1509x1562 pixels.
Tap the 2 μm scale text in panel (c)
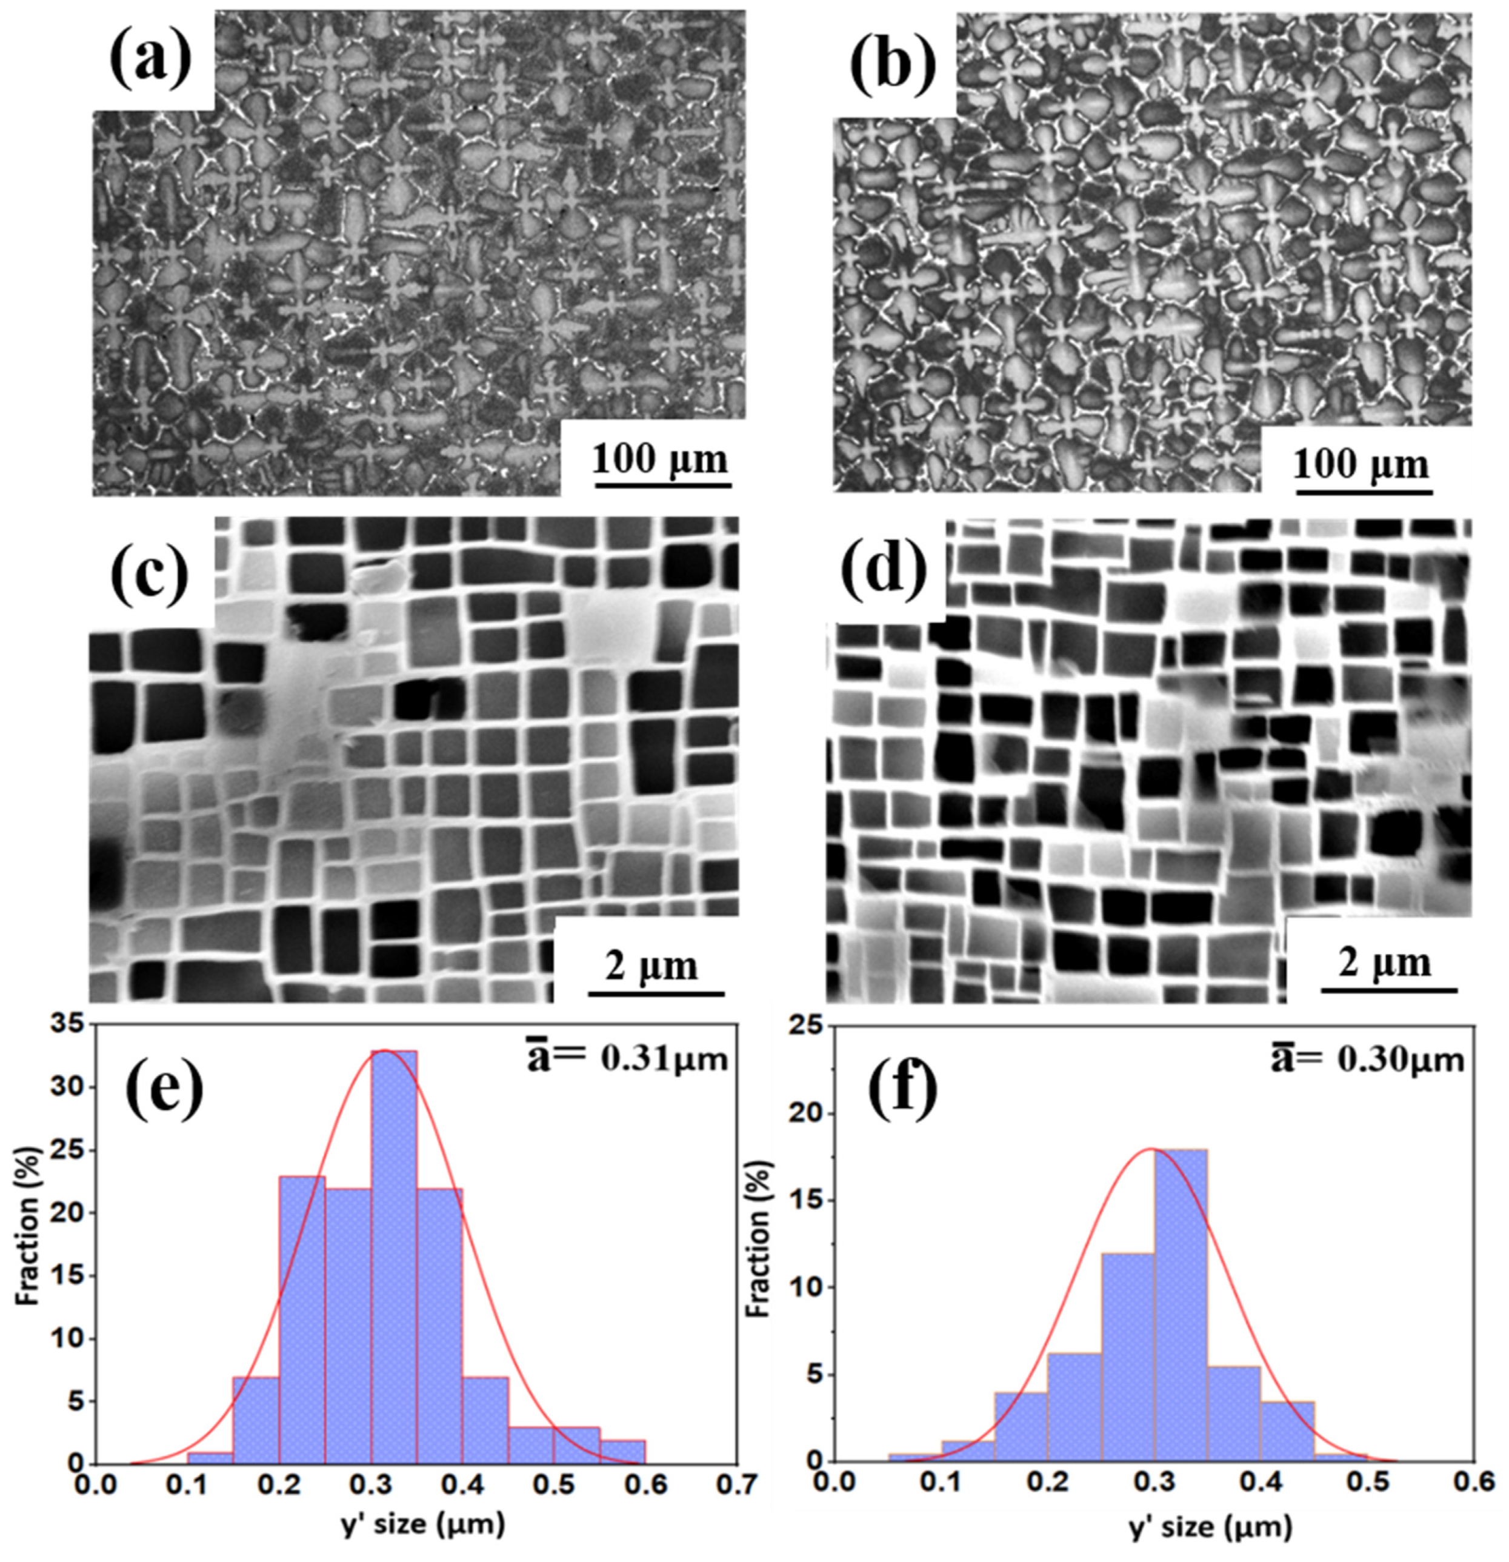651,966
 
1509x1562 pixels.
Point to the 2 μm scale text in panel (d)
1384,963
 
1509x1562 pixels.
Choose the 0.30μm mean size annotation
1367,1060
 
